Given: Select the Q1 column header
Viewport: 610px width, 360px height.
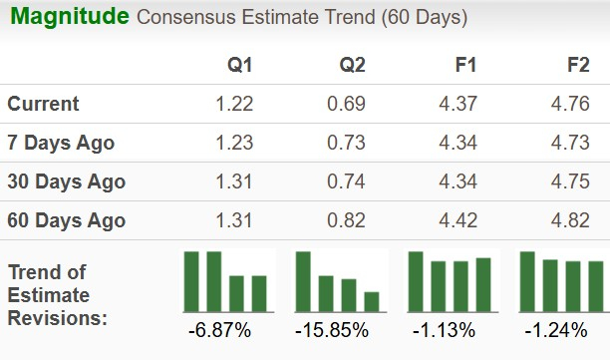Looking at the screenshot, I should pyautogui.click(x=239, y=65).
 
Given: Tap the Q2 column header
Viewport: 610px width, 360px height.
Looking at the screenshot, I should pyautogui.click(x=352, y=65).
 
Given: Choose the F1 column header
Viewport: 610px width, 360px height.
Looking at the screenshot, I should pyautogui.click(x=464, y=65).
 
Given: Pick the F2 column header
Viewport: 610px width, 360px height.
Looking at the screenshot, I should pyautogui.click(x=577, y=65).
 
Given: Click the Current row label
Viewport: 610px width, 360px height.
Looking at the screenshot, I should pyautogui.click(x=43, y=104).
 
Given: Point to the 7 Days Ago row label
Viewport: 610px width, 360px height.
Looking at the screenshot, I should pyautogui.click(x=61, y=143).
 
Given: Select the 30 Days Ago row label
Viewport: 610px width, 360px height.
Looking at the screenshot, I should pyautogui.click(x=66, y=181).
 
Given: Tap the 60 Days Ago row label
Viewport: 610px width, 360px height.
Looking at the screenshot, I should pyautogui.click(x=66, y=220).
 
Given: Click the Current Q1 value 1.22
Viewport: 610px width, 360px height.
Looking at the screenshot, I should pyautogui.click(x=234, y=104).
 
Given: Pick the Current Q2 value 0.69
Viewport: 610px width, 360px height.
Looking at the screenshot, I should pyautogui.click(x=347, y=104).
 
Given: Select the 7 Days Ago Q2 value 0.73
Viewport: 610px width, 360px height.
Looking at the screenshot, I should pyautogui.click(x=347, y=143).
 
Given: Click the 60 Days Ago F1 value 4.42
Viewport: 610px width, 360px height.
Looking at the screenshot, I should pyautogui.click(x=459, y=220).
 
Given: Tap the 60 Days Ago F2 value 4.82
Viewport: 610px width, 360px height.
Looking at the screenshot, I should pyautogui.click(x=572, y=220).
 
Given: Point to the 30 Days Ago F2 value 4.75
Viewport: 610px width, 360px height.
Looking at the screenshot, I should pyautogui.click(x=572, y=181).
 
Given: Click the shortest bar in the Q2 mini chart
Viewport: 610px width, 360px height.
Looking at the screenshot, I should pyautogui.click(x=371, y=301).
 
